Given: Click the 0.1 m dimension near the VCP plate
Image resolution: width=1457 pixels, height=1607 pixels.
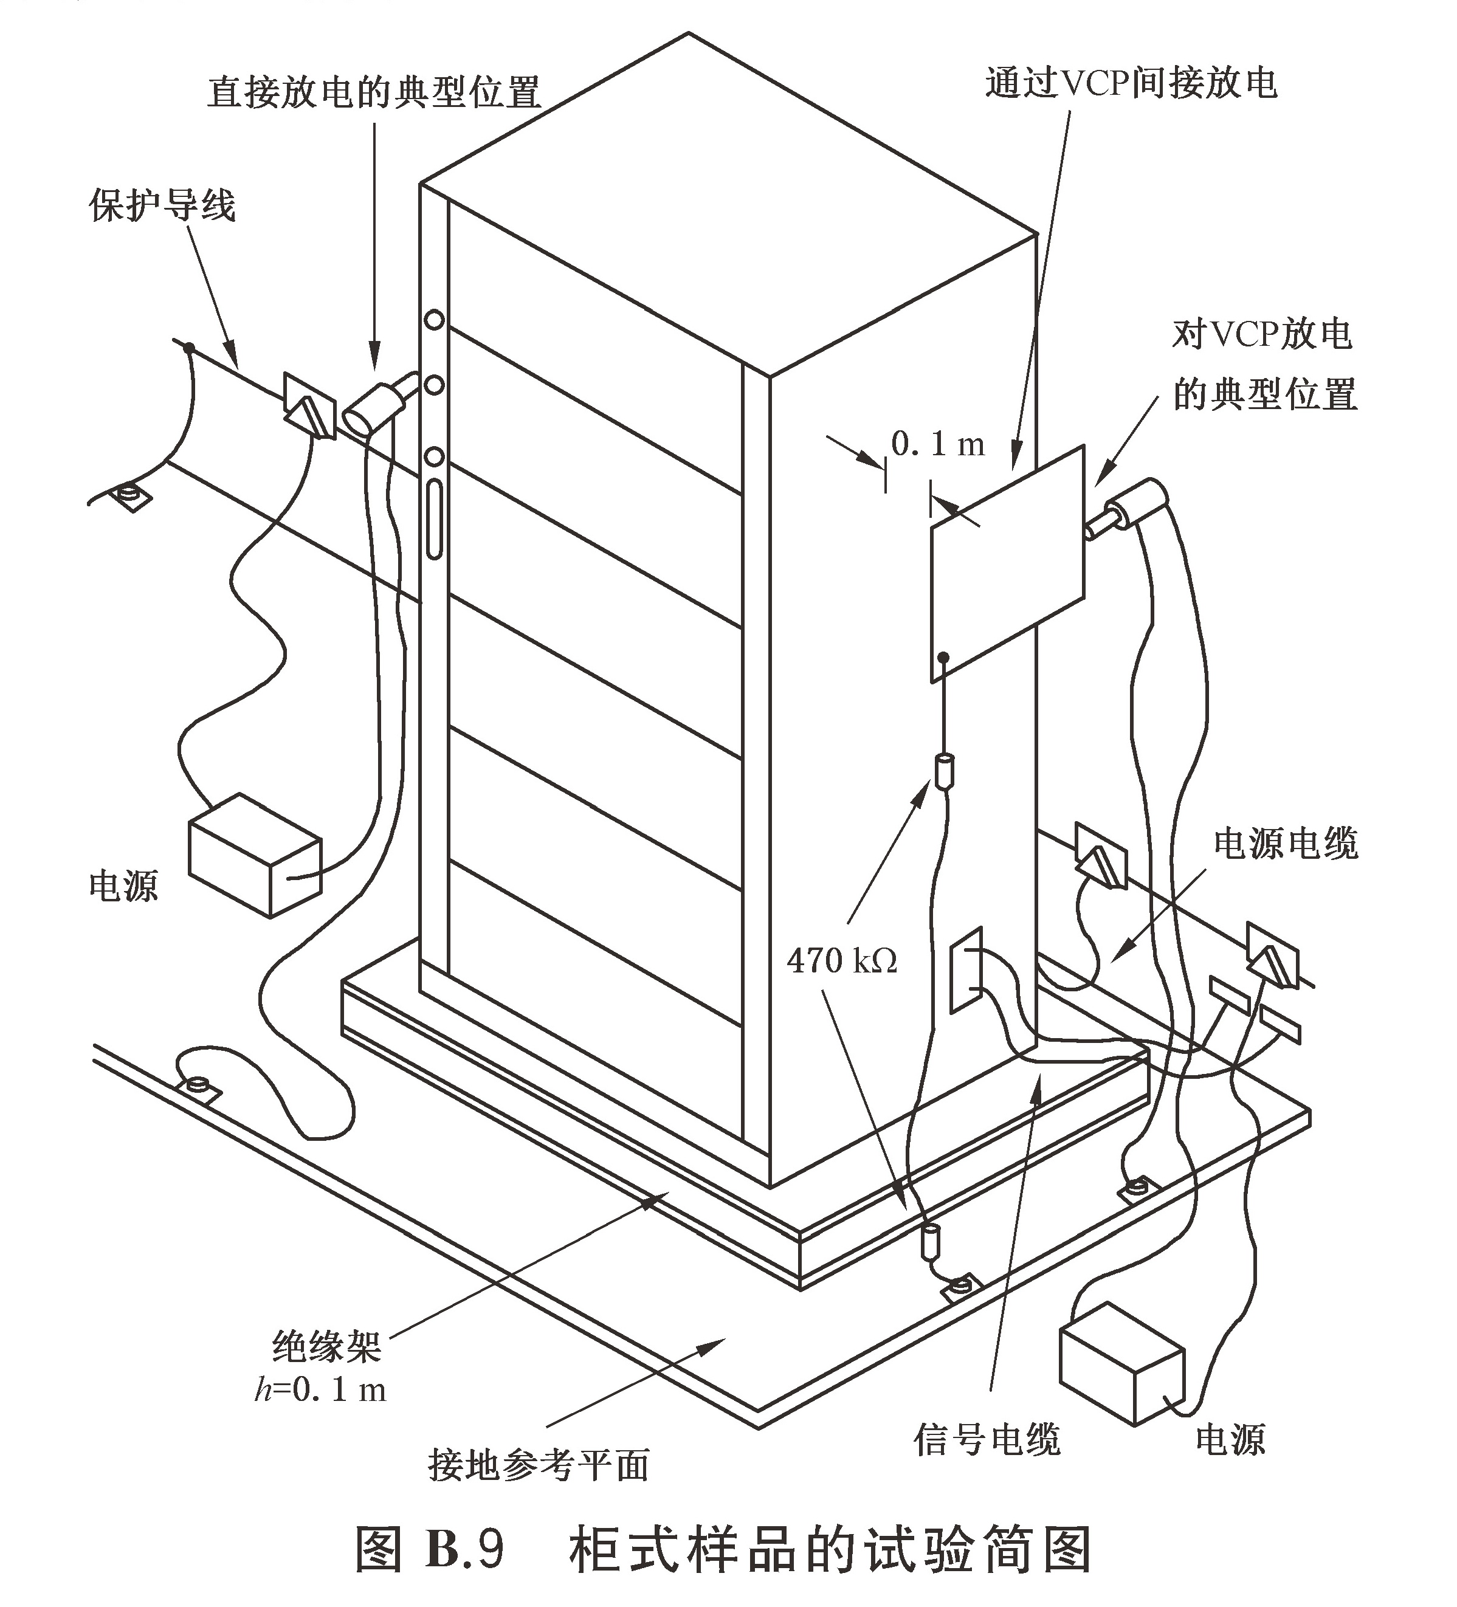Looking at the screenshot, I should click(937, 444).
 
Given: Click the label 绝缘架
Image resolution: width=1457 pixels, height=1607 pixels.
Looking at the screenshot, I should click(327, 1346).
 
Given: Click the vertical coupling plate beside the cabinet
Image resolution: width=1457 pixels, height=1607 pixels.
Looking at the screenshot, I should click(1007, 562).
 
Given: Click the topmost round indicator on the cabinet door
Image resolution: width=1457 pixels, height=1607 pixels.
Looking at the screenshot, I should click(433, 320).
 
